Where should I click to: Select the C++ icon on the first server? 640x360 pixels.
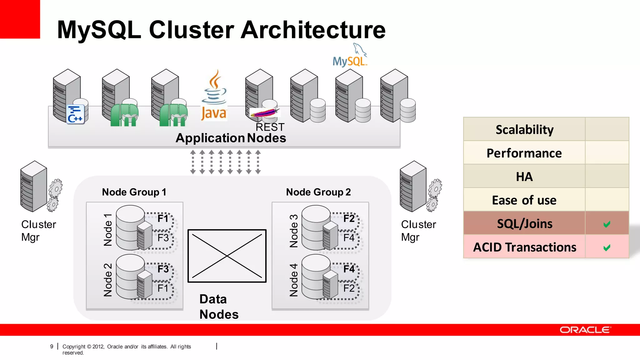[x=75, y=114]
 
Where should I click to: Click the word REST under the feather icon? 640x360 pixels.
[x=270, y=127]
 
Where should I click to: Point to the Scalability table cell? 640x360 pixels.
[x=524, y=129]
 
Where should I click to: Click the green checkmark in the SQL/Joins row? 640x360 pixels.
[x=607, y=224]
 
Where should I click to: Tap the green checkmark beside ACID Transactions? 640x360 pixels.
[x=607, y=248]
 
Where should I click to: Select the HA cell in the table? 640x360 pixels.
[x=524, y=177]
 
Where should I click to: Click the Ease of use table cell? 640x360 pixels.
[x=524, y=200]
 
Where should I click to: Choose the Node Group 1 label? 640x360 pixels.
[x=134, y=192]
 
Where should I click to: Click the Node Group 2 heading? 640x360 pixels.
[x=318, y=192]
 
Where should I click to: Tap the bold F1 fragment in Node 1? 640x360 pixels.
[x=163, y=218]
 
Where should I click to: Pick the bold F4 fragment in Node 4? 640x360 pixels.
[x=349, y=269]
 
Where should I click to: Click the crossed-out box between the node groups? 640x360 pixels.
[x=227, y=256]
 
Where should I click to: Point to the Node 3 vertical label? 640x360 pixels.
[x=294, y=231]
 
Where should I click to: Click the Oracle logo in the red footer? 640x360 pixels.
[x=584, y=330]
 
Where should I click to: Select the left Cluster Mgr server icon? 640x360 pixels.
[x=34, y=187]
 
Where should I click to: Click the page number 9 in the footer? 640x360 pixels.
[x=52, y=347]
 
